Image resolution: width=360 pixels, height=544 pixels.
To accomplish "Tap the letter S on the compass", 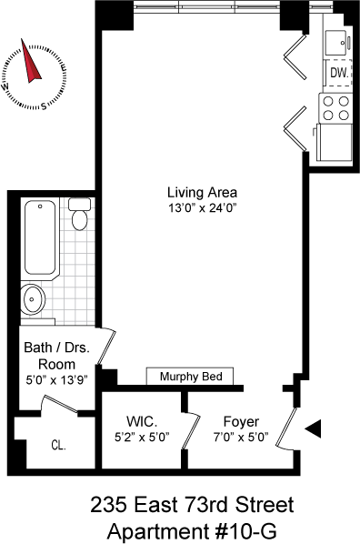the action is [x=44, y=106].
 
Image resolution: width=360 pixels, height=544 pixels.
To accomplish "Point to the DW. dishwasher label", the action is [x=339, y=73].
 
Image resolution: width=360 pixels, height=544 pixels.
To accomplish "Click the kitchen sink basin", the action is [x=335, y=43].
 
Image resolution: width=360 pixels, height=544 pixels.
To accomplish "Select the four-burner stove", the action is [x=335, y=108].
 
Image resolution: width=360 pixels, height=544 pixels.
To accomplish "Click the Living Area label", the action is [x=202, y=192].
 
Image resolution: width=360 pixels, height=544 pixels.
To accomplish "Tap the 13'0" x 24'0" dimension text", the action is [x=202, y=208].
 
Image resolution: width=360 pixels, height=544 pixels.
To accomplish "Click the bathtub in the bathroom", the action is [x=40, y=237].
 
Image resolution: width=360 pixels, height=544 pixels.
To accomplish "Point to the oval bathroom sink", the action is [x=33, y=298].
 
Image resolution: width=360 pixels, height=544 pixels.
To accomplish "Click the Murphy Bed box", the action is [x=190, y=376].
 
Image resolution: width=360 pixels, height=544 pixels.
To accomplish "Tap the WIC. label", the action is [x=142, y=422].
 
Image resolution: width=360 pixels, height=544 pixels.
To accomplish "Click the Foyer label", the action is [x=241, y=422].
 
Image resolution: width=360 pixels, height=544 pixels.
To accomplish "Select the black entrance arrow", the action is [x=314, y=428].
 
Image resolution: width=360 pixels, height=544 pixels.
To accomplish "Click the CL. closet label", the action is [x=58, y=445].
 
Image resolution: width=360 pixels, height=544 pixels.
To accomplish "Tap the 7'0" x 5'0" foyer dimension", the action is [x=241, y=438].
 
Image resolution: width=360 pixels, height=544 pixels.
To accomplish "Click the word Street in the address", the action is [x=265, y=505].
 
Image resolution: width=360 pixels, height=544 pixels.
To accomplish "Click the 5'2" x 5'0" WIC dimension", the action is [x=142, y=438].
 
